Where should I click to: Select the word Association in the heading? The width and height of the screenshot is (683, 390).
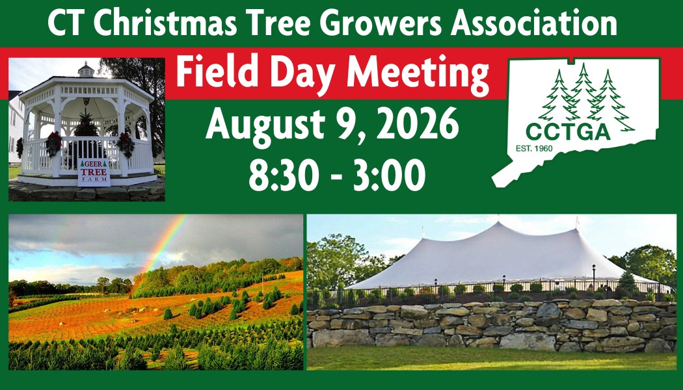click(x=535, y=23)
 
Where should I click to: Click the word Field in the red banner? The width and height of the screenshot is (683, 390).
click(x=212, y=72)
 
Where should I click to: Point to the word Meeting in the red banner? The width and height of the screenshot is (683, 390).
click(x=418, y=75)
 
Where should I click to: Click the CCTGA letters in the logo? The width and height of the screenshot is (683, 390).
click(x=568, y=131)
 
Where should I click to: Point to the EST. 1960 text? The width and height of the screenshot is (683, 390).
click(x=534, y=148)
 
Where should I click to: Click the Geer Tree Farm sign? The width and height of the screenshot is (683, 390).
click(x=94, y=172)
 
